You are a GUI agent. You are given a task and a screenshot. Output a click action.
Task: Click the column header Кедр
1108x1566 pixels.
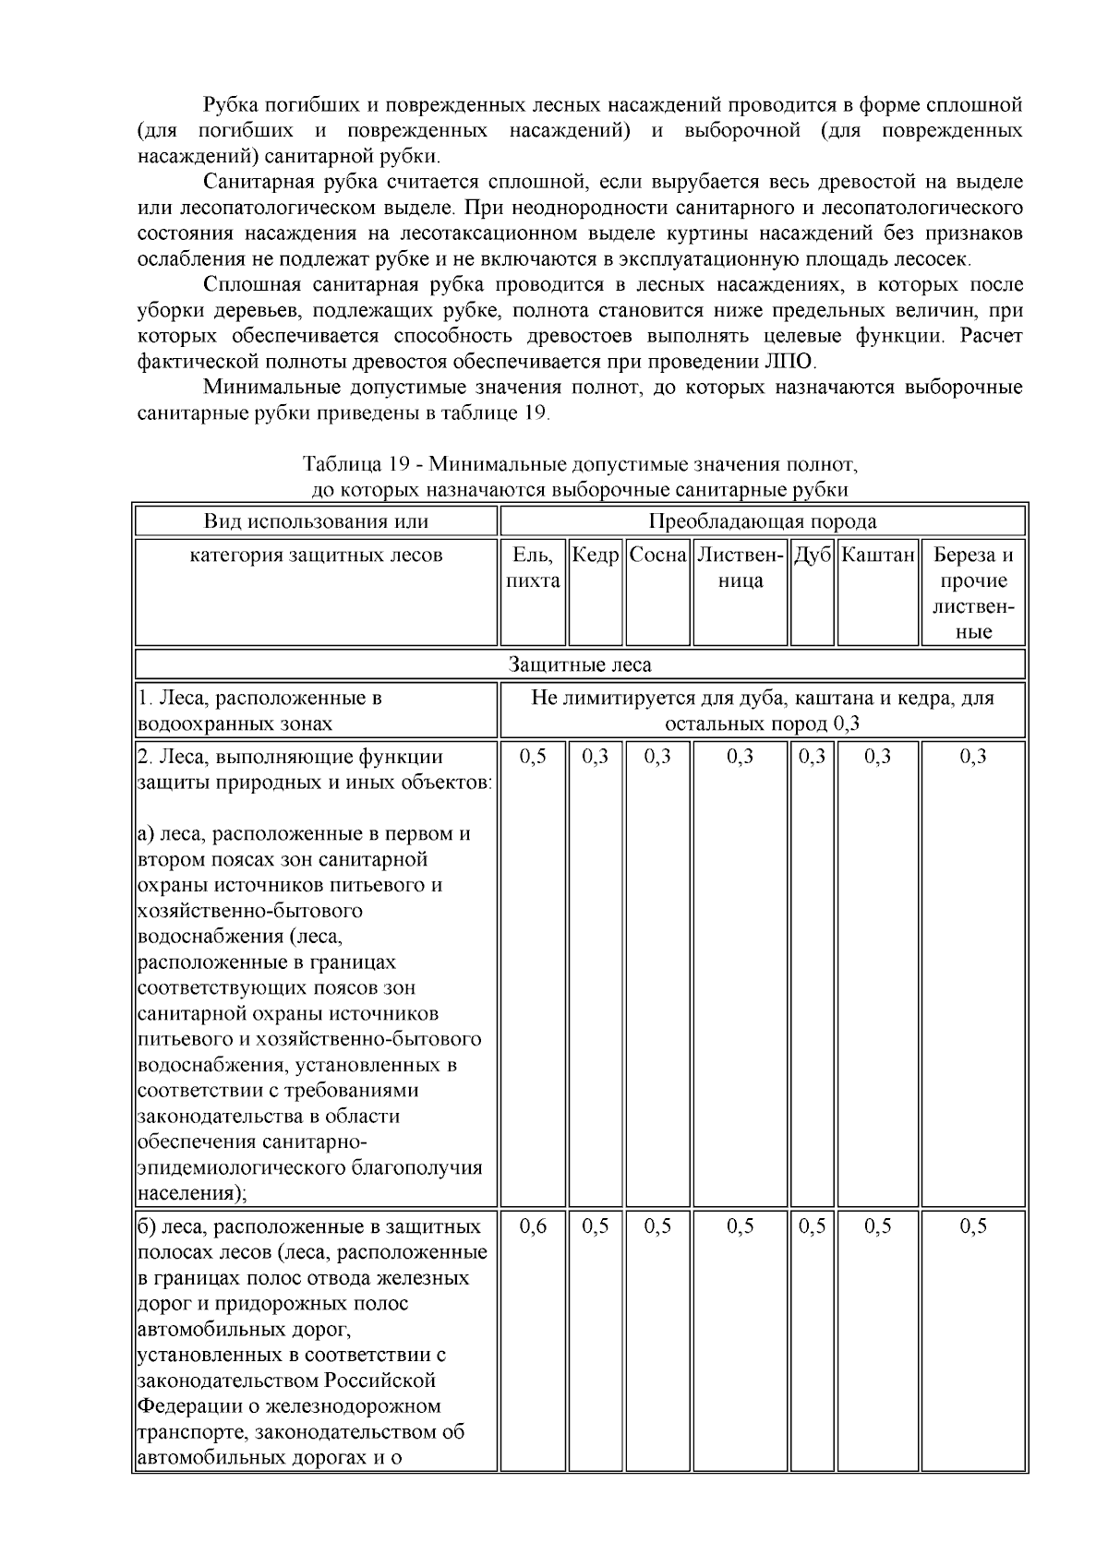click(x=596, y=556)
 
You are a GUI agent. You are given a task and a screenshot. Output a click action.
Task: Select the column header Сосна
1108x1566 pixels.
click(x=658, y=556)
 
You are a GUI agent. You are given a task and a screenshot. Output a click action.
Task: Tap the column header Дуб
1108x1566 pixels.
click(x=813, y=556)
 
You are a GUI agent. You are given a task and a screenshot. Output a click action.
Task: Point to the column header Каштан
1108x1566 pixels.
click(x=878, y=556)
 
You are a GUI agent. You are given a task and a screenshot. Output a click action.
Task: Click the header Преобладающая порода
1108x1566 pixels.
click(x=763, y=521)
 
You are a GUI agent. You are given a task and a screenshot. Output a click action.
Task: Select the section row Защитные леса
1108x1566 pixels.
click(x=580, y=664)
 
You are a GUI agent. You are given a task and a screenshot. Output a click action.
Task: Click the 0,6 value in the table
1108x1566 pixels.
click(x=533, y=1226)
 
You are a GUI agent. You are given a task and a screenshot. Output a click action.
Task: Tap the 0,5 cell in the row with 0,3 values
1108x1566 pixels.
click(x=533, y=757)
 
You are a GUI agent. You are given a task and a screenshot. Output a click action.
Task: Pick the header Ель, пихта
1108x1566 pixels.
click(x=533, y=568)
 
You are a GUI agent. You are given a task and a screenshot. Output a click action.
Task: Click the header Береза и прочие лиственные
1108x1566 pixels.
click(x=973, y=593)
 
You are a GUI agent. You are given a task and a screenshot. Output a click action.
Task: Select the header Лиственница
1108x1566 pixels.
click(x=741, y=568)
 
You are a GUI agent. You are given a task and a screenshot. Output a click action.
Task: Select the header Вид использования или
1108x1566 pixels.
click(x=316, y=521)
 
